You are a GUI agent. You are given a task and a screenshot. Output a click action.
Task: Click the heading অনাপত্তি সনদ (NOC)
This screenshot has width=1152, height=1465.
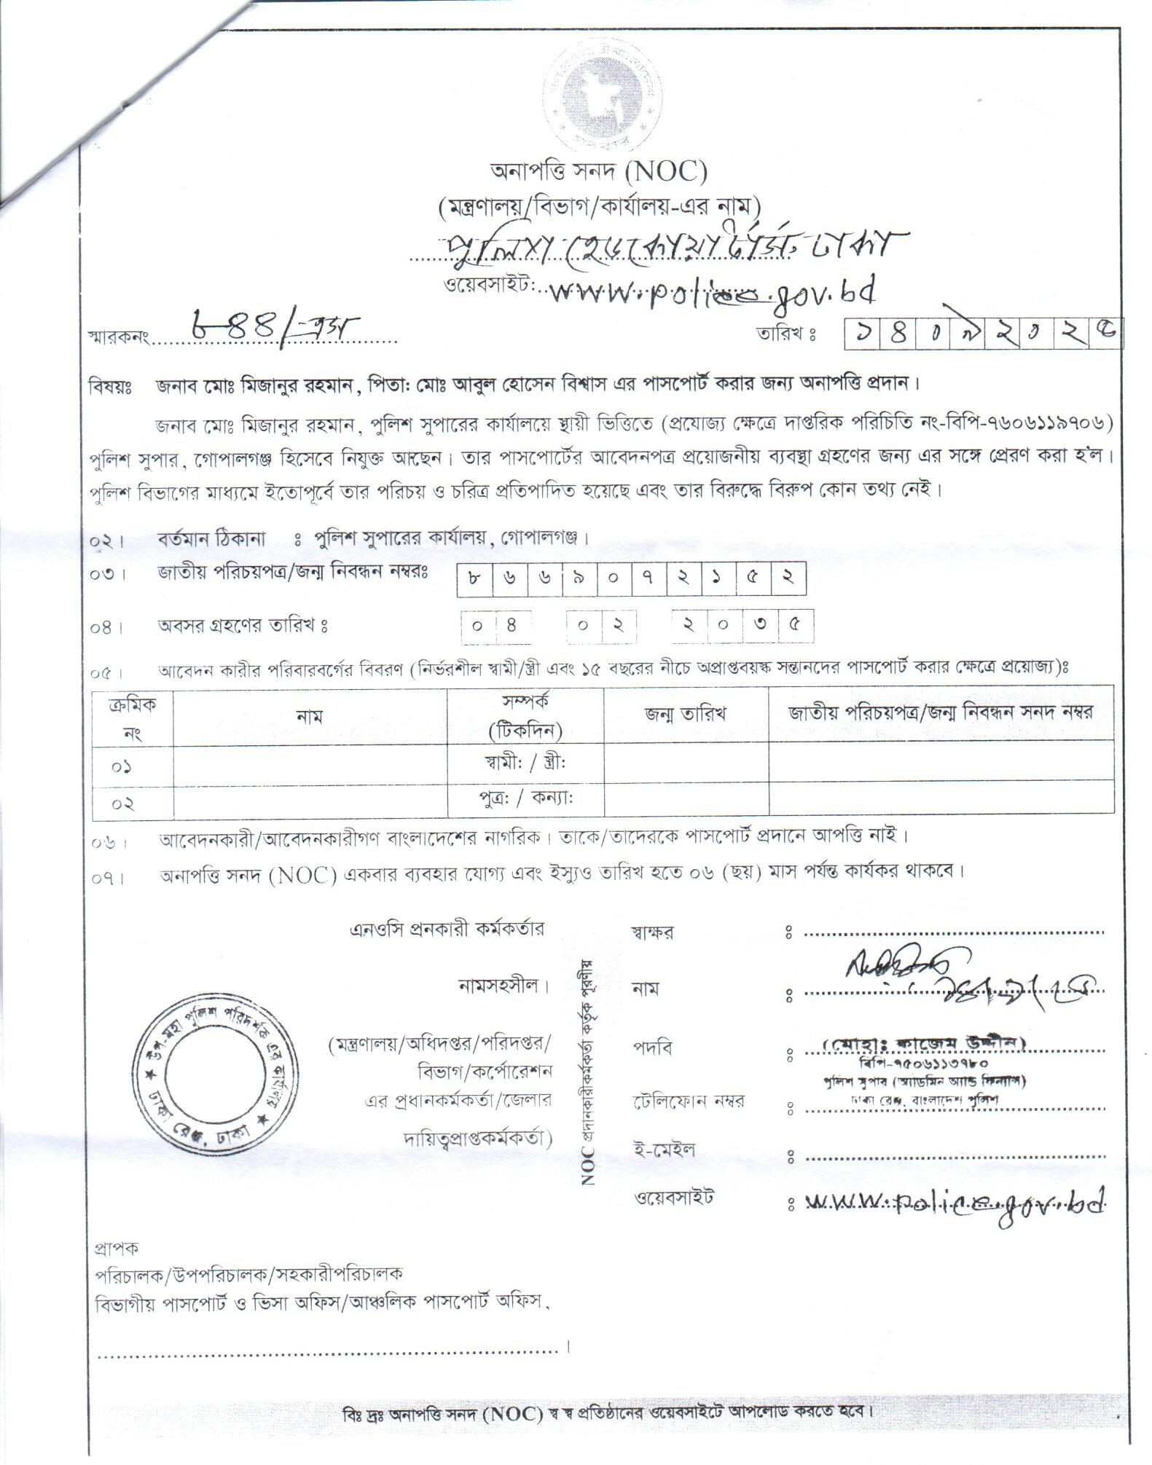[x=597, y=172]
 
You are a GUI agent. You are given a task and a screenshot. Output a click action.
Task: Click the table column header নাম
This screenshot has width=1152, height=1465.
[x=309, y=715]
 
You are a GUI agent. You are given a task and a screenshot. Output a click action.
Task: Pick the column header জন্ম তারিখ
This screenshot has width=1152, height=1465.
[x=685, y=714]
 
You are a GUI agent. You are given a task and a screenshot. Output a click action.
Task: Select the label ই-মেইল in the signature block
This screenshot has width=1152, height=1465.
[x=664, y=1150]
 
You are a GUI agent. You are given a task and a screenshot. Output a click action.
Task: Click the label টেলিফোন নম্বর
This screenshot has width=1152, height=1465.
[x=689, y=1101]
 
